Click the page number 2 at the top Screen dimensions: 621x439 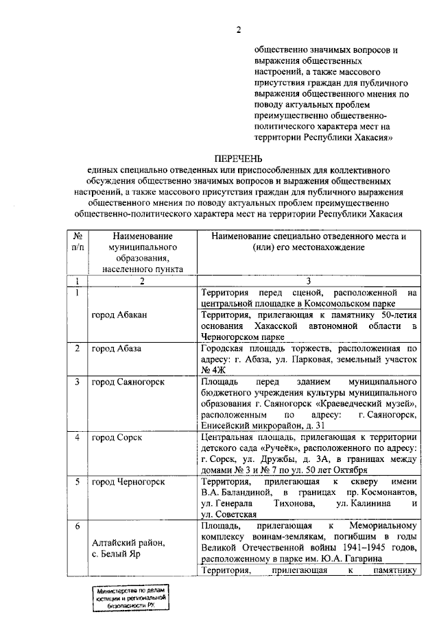[x=239, y=28]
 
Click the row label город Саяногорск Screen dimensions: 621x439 [x=128, y=381]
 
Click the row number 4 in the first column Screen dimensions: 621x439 [x=78, y=437]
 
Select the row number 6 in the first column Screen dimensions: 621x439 [x=78, y=526]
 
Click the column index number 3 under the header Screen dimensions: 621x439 [x=308, y=281]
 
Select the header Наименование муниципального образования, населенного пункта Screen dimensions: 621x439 [x=142, y=252]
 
